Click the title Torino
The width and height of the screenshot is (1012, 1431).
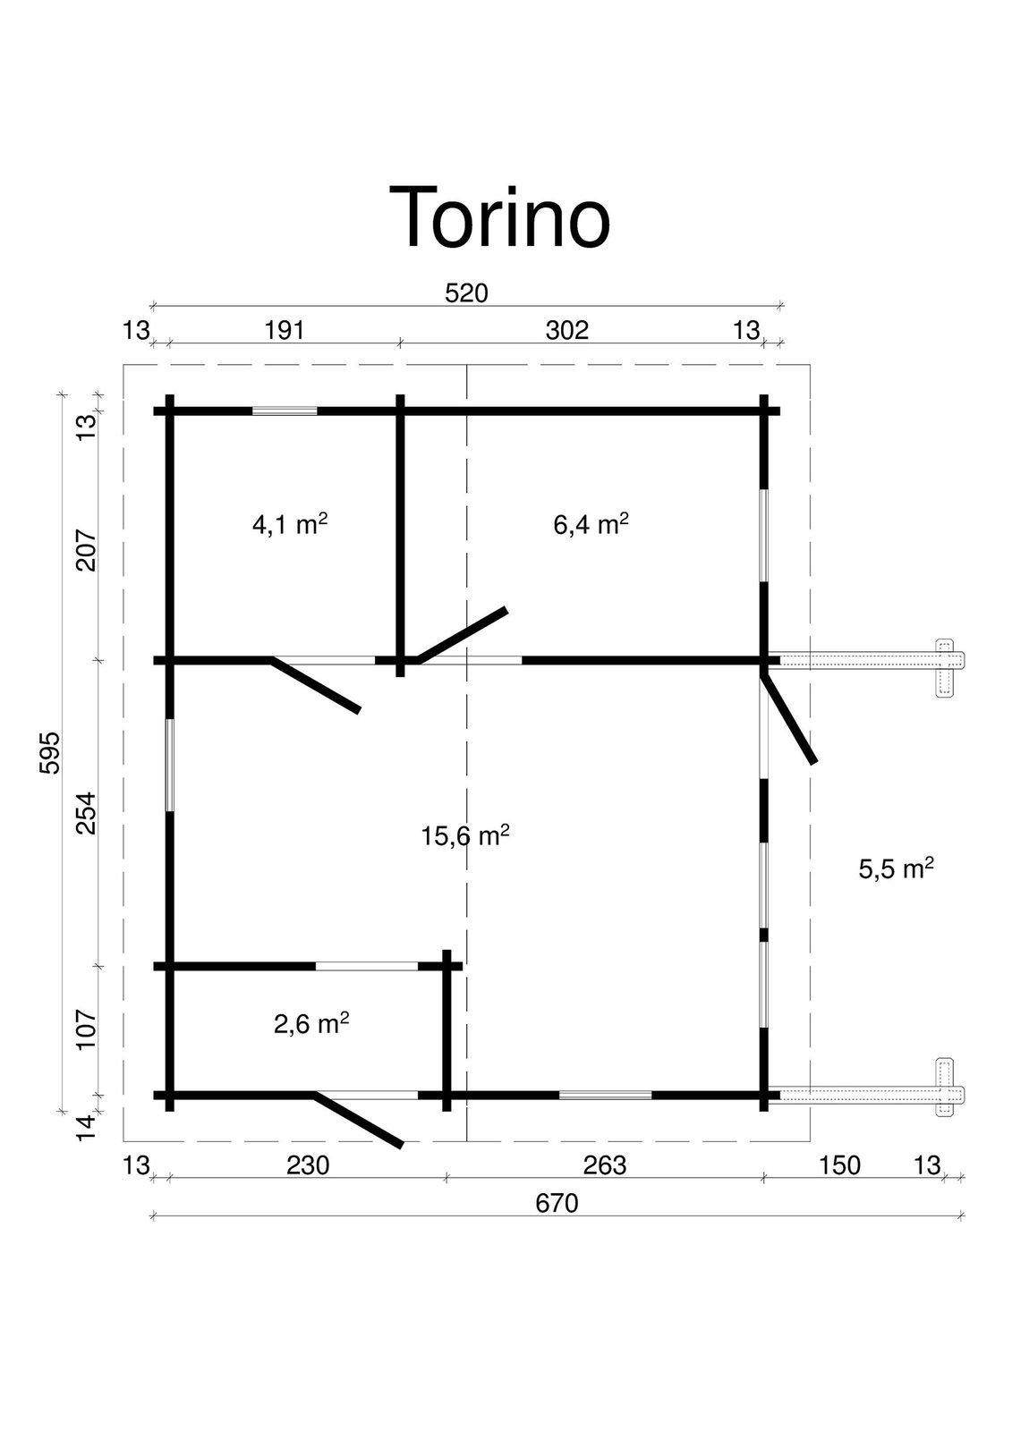point(499,217)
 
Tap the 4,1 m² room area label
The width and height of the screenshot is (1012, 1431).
point(290,524)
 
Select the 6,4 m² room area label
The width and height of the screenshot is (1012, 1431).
point(591,524)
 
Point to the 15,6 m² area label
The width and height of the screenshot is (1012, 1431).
point(464,835)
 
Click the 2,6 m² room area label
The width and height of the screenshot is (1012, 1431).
point(311,1024)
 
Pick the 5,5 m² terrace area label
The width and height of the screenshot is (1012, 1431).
point(897,868)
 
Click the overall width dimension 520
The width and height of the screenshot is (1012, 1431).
point(466,293)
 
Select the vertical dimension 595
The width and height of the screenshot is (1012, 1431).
point(50,752)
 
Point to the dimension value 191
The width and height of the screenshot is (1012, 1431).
point(285,330)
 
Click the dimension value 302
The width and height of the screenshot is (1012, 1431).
point(567,330)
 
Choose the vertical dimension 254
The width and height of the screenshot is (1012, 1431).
point(86,813)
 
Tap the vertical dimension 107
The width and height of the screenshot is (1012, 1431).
point(86,1029)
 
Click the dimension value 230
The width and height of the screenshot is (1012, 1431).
point(308,1165)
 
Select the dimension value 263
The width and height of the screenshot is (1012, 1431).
point(604,1165)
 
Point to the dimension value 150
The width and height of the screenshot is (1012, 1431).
point(839,1165)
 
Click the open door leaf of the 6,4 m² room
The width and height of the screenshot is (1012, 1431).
point(463,634)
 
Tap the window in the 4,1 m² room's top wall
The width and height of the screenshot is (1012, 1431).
point(285,411)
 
